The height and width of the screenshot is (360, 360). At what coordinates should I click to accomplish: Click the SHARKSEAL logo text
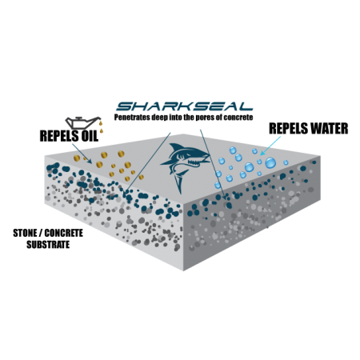coord(185,106)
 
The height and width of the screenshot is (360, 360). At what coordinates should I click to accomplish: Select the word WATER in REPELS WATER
coord(330,128)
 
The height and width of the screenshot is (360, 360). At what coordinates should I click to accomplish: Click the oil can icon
coord(83,122)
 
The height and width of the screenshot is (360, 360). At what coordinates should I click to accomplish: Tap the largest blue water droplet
coord(270,162)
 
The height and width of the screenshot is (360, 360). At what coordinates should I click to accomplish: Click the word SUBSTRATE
coord(48,245)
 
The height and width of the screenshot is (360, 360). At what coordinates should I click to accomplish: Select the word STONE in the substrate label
coord(24,233)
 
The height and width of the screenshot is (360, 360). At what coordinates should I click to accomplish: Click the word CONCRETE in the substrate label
coord(63,233)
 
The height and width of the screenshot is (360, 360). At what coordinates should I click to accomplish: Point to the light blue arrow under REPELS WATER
coord(270,146)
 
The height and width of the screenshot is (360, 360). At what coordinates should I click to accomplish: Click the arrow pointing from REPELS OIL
coord(82,154)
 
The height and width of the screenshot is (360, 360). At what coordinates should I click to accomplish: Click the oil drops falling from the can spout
coord(101,127)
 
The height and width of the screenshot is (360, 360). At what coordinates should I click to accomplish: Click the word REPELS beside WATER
coord(289,128)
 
